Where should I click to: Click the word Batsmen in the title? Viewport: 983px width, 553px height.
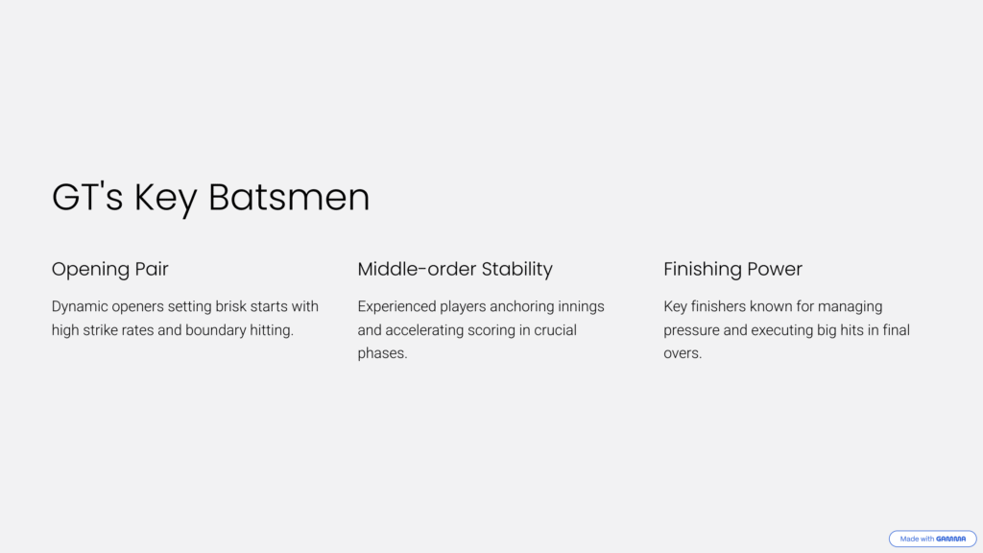click(289, 197)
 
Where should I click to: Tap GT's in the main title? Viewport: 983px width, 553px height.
click(87, 197)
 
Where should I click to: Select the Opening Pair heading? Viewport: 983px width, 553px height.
click(109, 269)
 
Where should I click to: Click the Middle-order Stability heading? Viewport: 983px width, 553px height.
click(455, 269)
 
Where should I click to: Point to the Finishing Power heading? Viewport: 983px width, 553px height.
click(732, 269)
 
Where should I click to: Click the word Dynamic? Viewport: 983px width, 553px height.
click(80, 306)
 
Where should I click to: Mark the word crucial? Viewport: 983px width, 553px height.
click(556, 330)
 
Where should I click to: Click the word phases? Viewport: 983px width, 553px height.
click(382, 353)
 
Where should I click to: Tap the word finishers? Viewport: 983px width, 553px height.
click(717, 306)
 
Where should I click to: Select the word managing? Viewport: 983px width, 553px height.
click(851, 306)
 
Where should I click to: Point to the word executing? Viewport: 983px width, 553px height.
click(782, 330)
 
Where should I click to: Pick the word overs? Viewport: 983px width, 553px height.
click(683, 353)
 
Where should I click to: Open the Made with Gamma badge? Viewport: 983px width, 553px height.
click(932, 539)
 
